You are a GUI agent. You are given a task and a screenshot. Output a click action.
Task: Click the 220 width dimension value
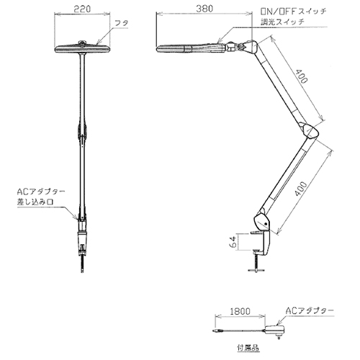82,9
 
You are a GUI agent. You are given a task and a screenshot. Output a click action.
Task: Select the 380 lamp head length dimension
204,9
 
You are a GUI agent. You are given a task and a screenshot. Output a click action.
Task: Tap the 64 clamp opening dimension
233,242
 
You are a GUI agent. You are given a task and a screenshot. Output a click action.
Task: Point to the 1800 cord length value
240,311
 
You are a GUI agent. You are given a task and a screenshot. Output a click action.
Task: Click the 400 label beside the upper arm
301,76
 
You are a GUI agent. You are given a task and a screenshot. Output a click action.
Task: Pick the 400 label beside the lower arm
300,189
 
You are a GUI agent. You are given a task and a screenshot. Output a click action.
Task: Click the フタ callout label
122,23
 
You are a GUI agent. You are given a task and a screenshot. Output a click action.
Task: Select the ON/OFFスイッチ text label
294,12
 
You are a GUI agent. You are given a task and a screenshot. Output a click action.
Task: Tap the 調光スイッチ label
283,22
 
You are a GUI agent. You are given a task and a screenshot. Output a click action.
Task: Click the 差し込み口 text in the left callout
35,202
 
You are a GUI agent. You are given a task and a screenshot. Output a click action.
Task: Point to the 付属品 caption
248,347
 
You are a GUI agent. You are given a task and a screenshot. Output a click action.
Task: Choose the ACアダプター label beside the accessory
310,311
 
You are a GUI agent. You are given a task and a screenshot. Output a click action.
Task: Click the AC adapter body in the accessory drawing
275,330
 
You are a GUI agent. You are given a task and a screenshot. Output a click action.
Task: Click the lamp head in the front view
82,48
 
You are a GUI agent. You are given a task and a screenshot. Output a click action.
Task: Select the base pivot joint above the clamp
262,222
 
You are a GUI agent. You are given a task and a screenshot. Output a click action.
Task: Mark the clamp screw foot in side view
256,270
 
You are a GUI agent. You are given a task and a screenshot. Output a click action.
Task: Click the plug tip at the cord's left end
215,331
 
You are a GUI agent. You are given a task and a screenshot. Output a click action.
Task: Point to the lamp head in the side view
192,48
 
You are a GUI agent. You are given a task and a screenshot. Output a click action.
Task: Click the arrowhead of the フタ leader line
98,42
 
